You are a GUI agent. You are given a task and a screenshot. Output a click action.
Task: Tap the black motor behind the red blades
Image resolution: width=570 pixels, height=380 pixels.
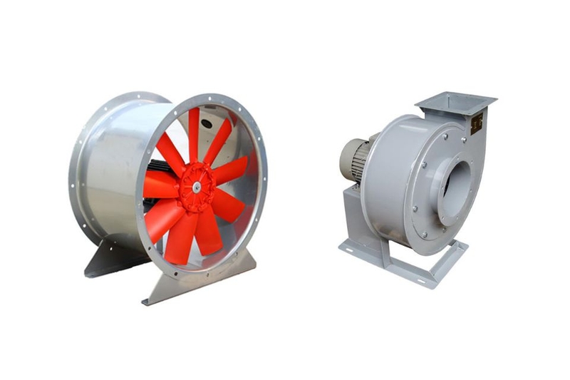(158, 171)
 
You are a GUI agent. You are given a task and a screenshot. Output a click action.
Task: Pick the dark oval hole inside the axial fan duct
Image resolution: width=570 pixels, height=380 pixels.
(206, 123)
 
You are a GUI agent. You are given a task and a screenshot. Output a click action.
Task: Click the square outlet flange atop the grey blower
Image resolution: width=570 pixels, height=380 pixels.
(456, 104)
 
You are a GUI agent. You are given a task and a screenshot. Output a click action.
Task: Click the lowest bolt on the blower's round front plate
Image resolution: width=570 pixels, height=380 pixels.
(428, 235)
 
